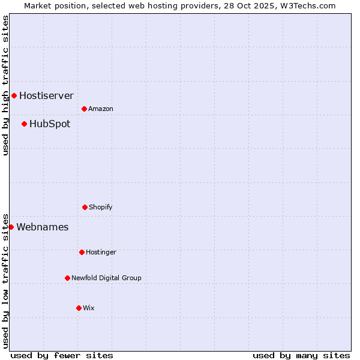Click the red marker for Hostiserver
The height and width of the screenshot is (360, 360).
click(x=14, y=95)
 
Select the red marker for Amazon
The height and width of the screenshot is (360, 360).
click(x=84, y=109)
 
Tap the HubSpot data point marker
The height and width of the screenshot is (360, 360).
click(x=24, y=124)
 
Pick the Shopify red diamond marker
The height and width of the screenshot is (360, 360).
click(x=85, y=207)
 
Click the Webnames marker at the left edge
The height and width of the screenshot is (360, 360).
click(x=11, y=227)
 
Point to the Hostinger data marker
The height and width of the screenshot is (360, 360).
click(x=82, y=252)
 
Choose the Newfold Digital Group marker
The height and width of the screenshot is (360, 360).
click(x=67, y=278)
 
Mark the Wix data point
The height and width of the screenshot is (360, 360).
click(x=79, y=308)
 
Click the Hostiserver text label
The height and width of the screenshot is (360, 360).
click(x=46, y=95)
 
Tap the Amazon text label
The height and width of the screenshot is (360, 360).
click(x=101, y=109)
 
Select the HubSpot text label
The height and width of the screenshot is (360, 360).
click(x=50, y=124)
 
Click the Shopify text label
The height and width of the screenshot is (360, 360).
click(x=101, y=207)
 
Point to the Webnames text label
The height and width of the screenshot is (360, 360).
click(x=42, y=227)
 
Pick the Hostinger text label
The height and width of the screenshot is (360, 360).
click(x=101, y=252)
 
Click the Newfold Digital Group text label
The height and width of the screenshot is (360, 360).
click(x=106, y=278)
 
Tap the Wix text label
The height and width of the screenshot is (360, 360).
click(x=89, y=308)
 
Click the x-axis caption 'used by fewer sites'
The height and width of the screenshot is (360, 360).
click(x=61, y=355)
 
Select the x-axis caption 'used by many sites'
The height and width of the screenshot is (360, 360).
click(x=301, y=355)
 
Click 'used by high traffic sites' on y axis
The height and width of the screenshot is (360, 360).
click(x=6, y=85)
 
